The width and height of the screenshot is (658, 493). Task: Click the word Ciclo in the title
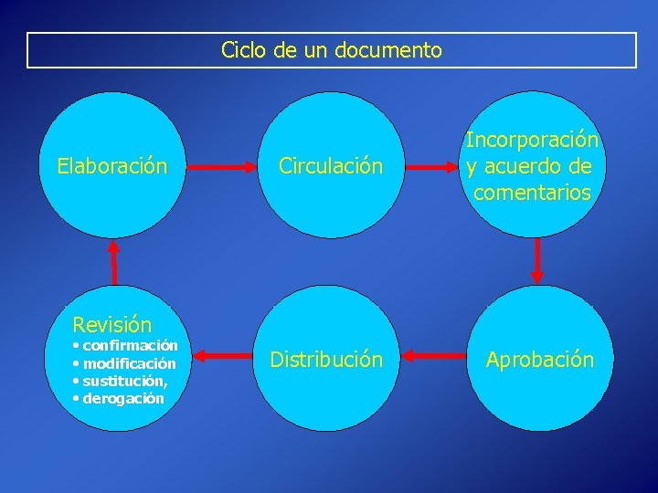click(x=242, y=50)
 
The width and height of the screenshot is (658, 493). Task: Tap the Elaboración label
click(x=112, y=166)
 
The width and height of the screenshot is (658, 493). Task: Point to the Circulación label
click(x=331, y=166)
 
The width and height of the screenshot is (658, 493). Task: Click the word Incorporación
click(x=532, y=141)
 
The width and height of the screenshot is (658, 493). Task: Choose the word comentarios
click(x=532, y=193)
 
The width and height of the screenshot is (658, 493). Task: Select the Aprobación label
click(x=540, y=360)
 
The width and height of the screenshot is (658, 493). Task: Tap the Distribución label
click(x=326, y=360)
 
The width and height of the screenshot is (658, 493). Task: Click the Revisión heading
click(x=112, y=324)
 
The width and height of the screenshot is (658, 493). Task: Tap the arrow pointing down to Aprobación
click(x=537, y=259)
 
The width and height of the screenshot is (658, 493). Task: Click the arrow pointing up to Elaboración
click(x=114, y=261)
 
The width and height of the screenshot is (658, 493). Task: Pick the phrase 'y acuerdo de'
click(x=528, y=167)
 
